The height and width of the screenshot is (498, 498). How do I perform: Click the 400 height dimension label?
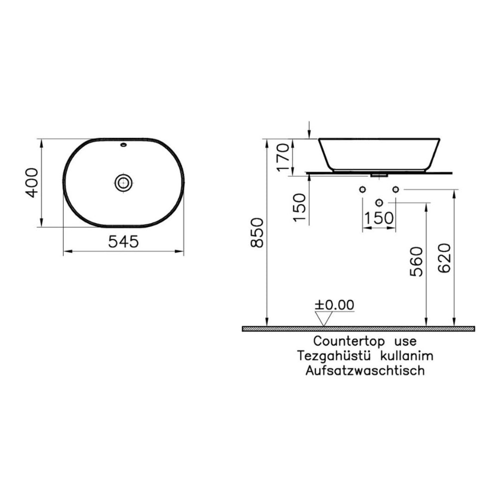pyautogui.click(x=31, y=183)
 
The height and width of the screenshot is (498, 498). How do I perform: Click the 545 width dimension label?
pyautogui.click(x=124, y=242)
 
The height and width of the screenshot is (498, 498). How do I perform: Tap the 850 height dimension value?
pyautogui.click(x=257, y=233)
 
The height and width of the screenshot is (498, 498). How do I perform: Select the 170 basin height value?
pyautogui.click(x=283, y=157)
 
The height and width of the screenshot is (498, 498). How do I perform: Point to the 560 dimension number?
pyautogui.click(x=416, y=262)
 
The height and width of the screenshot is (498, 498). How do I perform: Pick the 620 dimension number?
pyautogui.click(x=444, y=258)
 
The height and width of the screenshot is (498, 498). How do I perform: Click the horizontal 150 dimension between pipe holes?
pyautogui.click(x=378, y=218)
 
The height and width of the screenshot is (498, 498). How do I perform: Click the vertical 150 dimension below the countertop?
pyautogui.click(x=299, y=208)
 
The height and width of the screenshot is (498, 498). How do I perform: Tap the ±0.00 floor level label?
pyautogui.click(x=335, y=305)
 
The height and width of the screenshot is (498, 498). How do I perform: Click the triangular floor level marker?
pyautogui.click(x=323, y=319)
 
